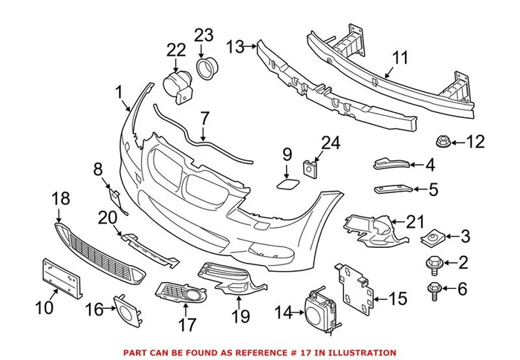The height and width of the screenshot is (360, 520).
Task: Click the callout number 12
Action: pyautogui.click(x=475, y=140)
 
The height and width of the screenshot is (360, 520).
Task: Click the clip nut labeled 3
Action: pyautogui.click(x=431, y=238)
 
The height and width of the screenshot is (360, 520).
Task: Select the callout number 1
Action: pyautogui.click(x=118, y=92)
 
